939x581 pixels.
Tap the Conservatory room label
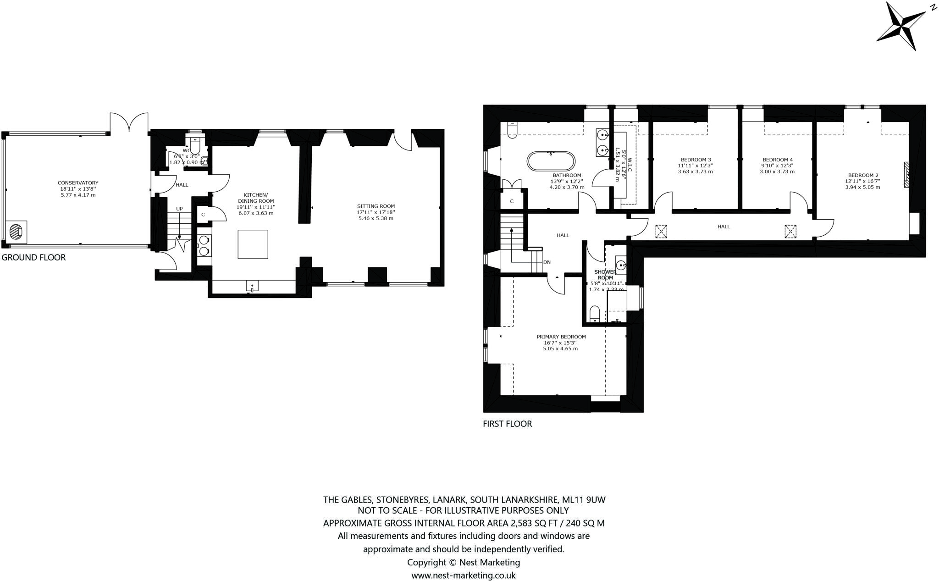tap(77, 183)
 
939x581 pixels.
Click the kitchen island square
tap(253, 244)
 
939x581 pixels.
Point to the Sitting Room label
tap(376, 206)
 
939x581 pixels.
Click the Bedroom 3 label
tap(695, 160)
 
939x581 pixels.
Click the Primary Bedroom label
tap(561, 337)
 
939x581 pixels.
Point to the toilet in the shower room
tap(594, 314)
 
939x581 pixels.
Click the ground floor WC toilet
tap(195, 146)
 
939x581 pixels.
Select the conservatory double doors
tap(129, 122)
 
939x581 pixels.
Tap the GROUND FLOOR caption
tap(33, 258)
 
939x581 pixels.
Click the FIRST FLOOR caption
tap(507, 424)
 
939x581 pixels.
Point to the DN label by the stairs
tap(547, 262)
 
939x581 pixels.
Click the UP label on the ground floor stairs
tap(179, 209)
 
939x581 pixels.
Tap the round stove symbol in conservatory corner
tap(16, 232)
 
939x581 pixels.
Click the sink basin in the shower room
tap(620, 265)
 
